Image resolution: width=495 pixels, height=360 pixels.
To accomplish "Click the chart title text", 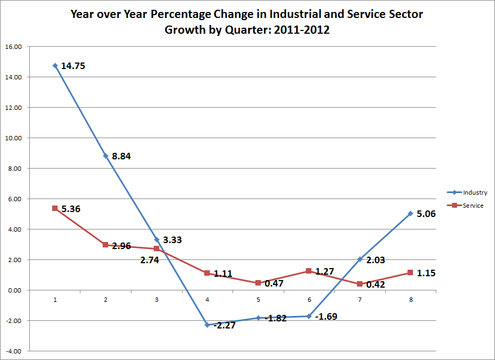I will [x=247, y=22].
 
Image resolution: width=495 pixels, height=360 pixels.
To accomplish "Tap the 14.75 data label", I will [x=73, y=66].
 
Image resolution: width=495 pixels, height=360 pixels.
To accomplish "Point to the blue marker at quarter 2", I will [x=105, y=156].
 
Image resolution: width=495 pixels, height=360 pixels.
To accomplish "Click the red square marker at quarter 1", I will [x=55, y=208].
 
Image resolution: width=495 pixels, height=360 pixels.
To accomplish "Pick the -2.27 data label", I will [x=224, y=326].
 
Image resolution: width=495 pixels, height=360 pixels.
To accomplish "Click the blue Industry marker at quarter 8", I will [x=410, y=213].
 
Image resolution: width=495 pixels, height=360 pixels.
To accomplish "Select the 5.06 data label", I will [x=426, y=214].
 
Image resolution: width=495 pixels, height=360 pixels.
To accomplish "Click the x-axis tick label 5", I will [x=258, y=300].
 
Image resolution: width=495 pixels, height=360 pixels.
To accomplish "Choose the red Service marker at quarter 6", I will [x=309, y=271].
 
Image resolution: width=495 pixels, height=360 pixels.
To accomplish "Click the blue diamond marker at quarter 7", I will [x=360, y=259].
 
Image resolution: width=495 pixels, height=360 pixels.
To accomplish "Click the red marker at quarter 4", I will [x=207, y=273].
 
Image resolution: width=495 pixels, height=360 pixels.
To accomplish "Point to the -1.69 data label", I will [x=326, y=316].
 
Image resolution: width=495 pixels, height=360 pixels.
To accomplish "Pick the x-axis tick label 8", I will [x=410, y=300].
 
